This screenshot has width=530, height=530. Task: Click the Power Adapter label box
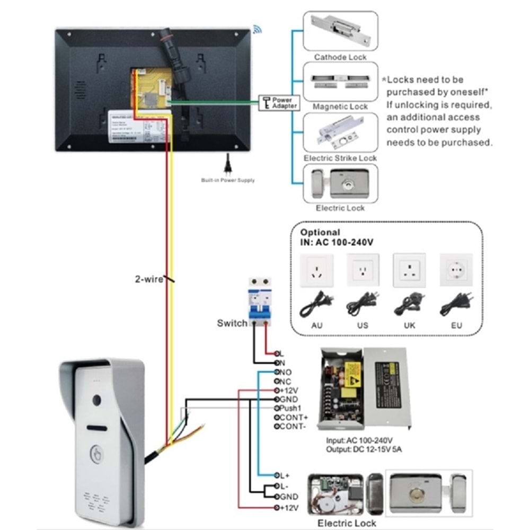(278, 103)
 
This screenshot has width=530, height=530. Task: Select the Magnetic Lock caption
(340, 107)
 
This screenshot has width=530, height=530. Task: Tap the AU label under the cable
(316, 325)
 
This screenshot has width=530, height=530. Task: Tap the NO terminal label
(285, 372)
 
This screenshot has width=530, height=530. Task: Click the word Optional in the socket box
(320, 232)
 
